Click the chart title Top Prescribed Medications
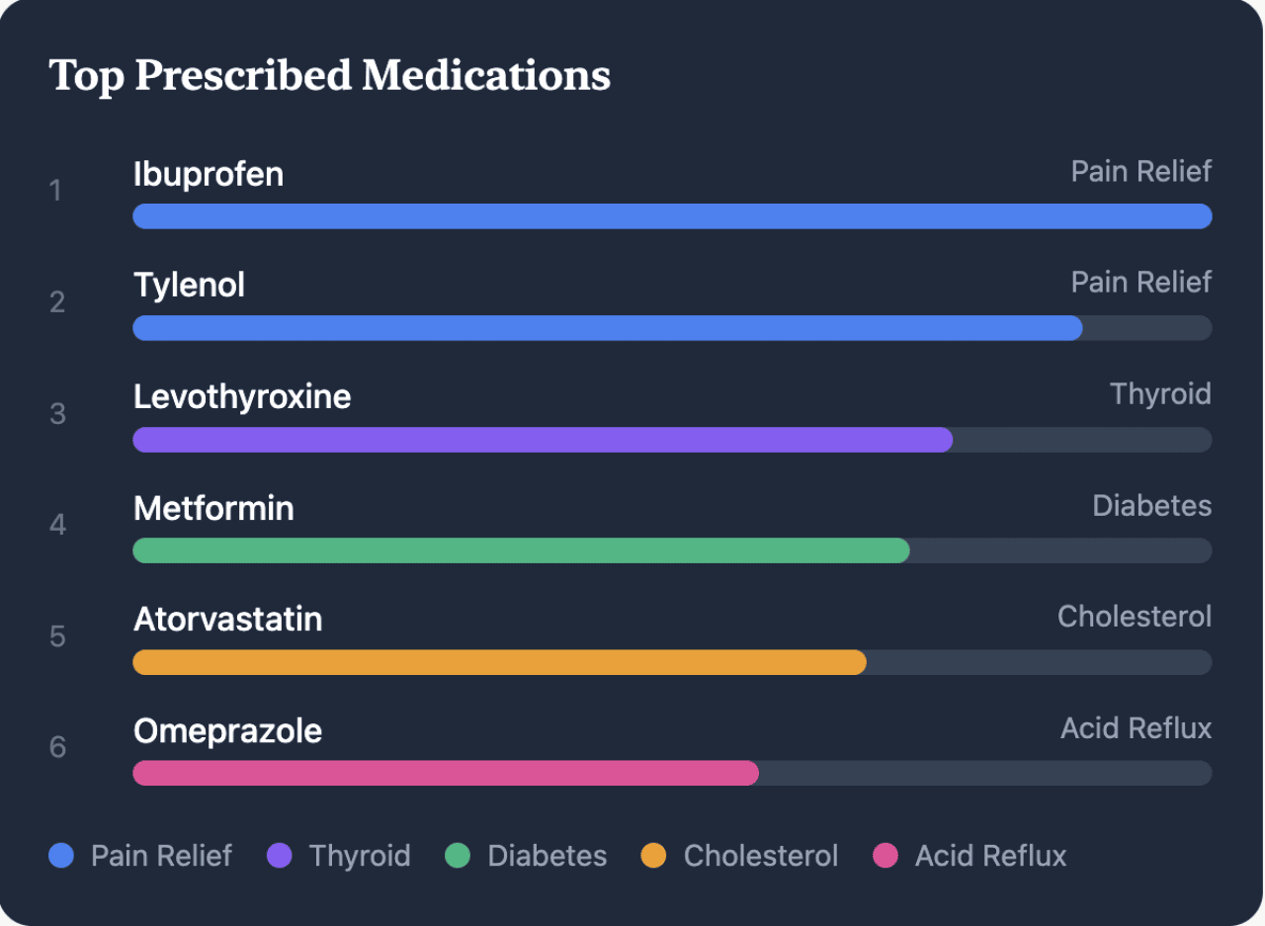coord(329,76)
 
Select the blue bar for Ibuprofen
coord(672,216)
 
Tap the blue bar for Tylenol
coord(607,328)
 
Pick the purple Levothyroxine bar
coord(543,440)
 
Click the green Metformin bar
coord(521,550)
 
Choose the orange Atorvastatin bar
coord(499,662)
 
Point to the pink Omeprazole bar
coord(446,773)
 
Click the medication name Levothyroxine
coord(242,396)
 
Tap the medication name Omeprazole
coord(227,731)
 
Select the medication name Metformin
coord(213,508)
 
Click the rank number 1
coord(55,190)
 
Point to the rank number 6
coord(57,747)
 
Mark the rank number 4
coord(57,524)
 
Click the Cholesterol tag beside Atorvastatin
coord(1134,617)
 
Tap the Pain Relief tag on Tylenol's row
coord(1140,283)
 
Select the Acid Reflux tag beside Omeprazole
coord(1136,728)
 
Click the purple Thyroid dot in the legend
coord(280,855)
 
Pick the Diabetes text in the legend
coord(547,855)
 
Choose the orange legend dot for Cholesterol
coord(653,855)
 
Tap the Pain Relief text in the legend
coord(161,855)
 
